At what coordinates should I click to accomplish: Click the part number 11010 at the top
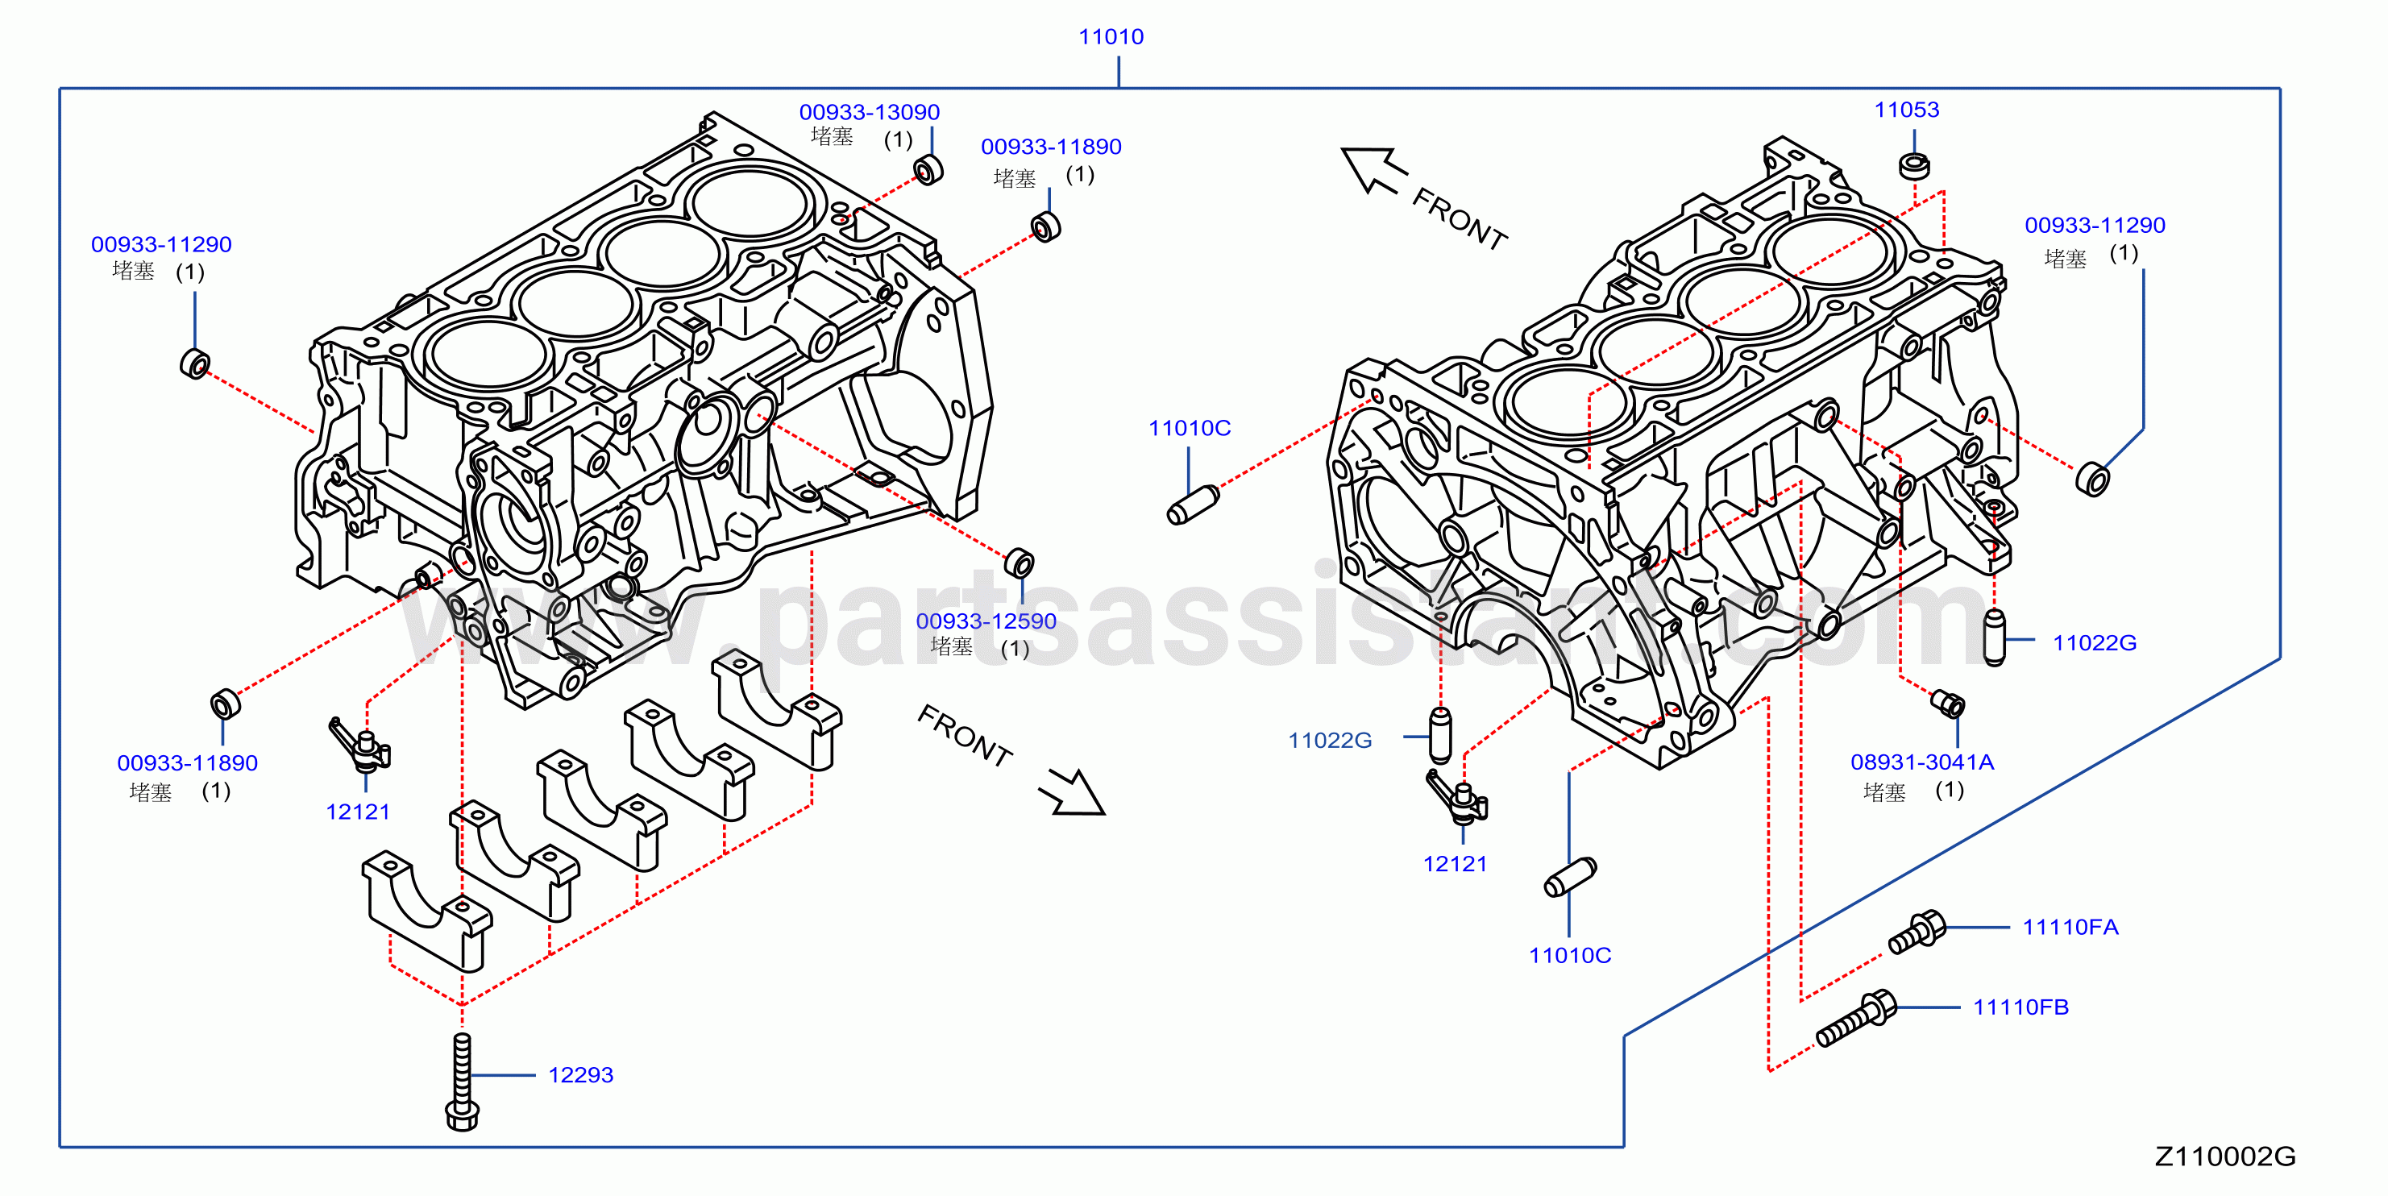pos(1111,37)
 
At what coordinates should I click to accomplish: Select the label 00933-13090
pos(870,112)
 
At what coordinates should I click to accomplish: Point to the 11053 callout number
pos(1907,110)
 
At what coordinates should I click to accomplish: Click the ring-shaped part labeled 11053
pos(1914,166)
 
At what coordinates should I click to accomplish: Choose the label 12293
pos(580,1074)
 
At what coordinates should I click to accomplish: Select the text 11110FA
pos(2070,927)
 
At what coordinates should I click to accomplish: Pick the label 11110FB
pos(2021,1007)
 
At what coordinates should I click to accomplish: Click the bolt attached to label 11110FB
pos(1856,1019)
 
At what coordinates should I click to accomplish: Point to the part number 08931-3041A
pos(1921,762)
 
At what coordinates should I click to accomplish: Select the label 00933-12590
pos(986,621)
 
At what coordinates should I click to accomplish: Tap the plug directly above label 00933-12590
pos(1019,563)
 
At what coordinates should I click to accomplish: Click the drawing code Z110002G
pos(2225,1157)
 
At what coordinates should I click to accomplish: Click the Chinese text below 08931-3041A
pos(1883,793)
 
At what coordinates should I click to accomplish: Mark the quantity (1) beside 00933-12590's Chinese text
pos(1015,648)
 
